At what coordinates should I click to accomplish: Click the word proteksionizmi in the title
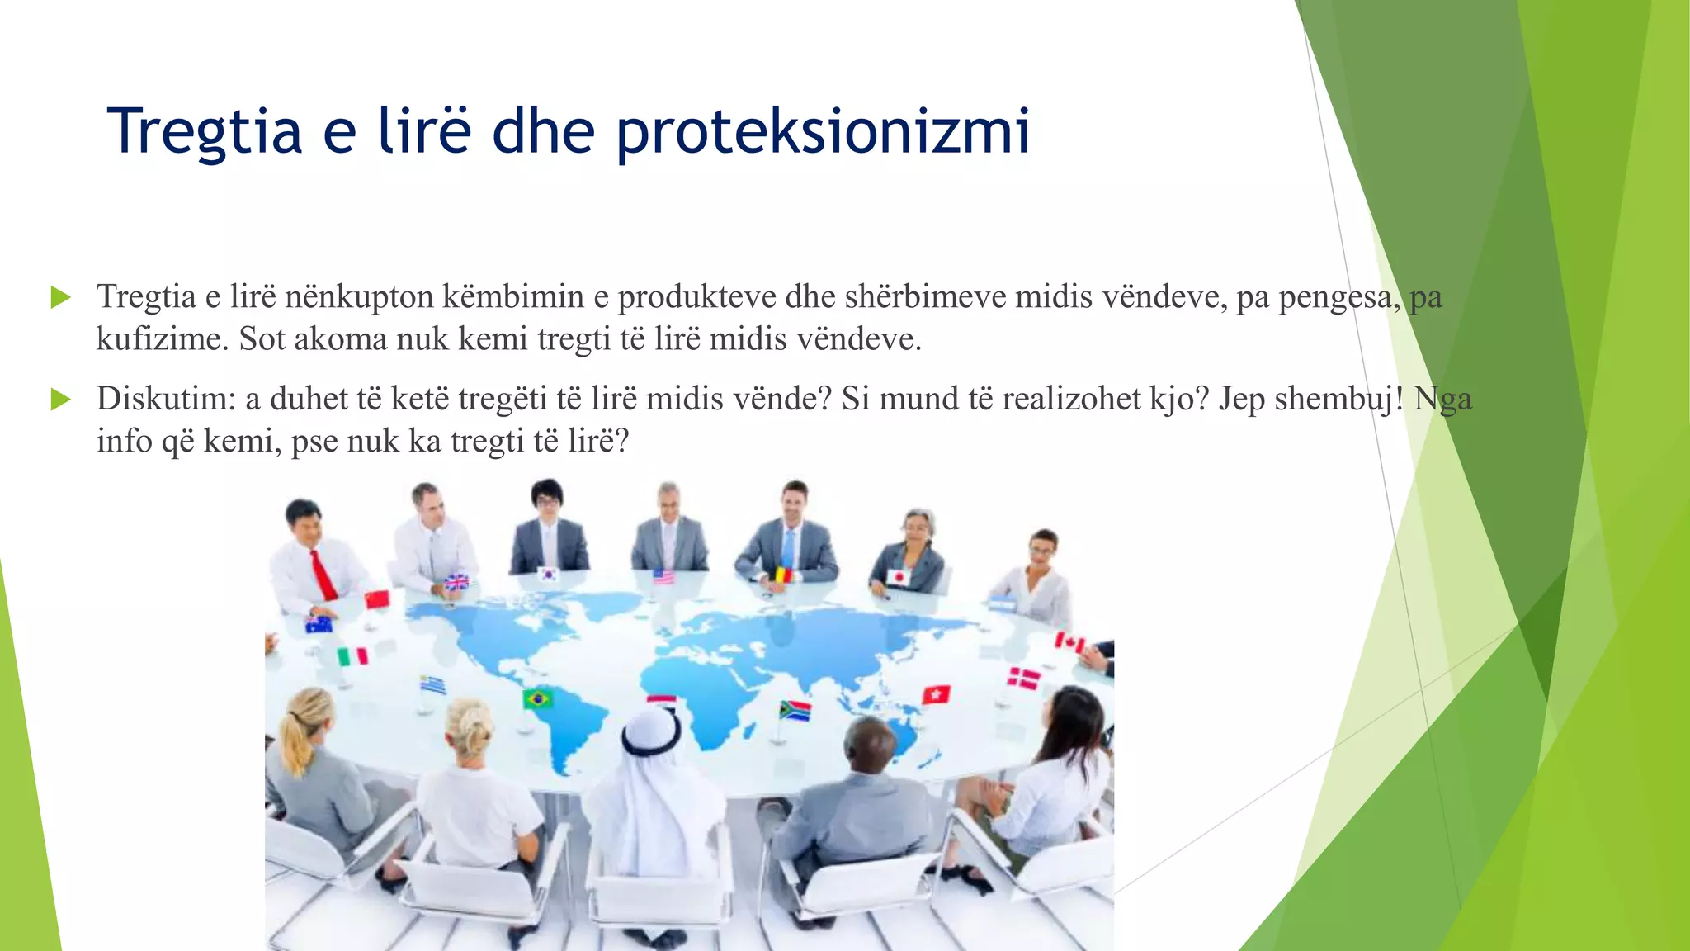click(x=823, y=132)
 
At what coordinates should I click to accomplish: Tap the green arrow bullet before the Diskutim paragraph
click(x=60, y=400)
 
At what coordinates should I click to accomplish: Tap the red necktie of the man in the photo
click(x=323, y=575)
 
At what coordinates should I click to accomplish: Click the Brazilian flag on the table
click(x=537, y=699)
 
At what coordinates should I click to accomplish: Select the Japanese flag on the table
click(x=898, y=577)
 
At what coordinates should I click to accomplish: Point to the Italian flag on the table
click(x=352, y=656)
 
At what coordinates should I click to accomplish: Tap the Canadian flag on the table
click(x=1070, y=642)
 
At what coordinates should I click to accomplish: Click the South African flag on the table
click(x=795, y=710)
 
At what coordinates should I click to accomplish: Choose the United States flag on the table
click(x=663, y=576)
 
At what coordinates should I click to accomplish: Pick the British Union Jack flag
click(x=456, y=582)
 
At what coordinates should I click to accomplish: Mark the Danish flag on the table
click(x=1024, y=679)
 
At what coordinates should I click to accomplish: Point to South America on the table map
click(x=569, y=726)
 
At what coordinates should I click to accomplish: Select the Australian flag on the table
click(x=319, y=624)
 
